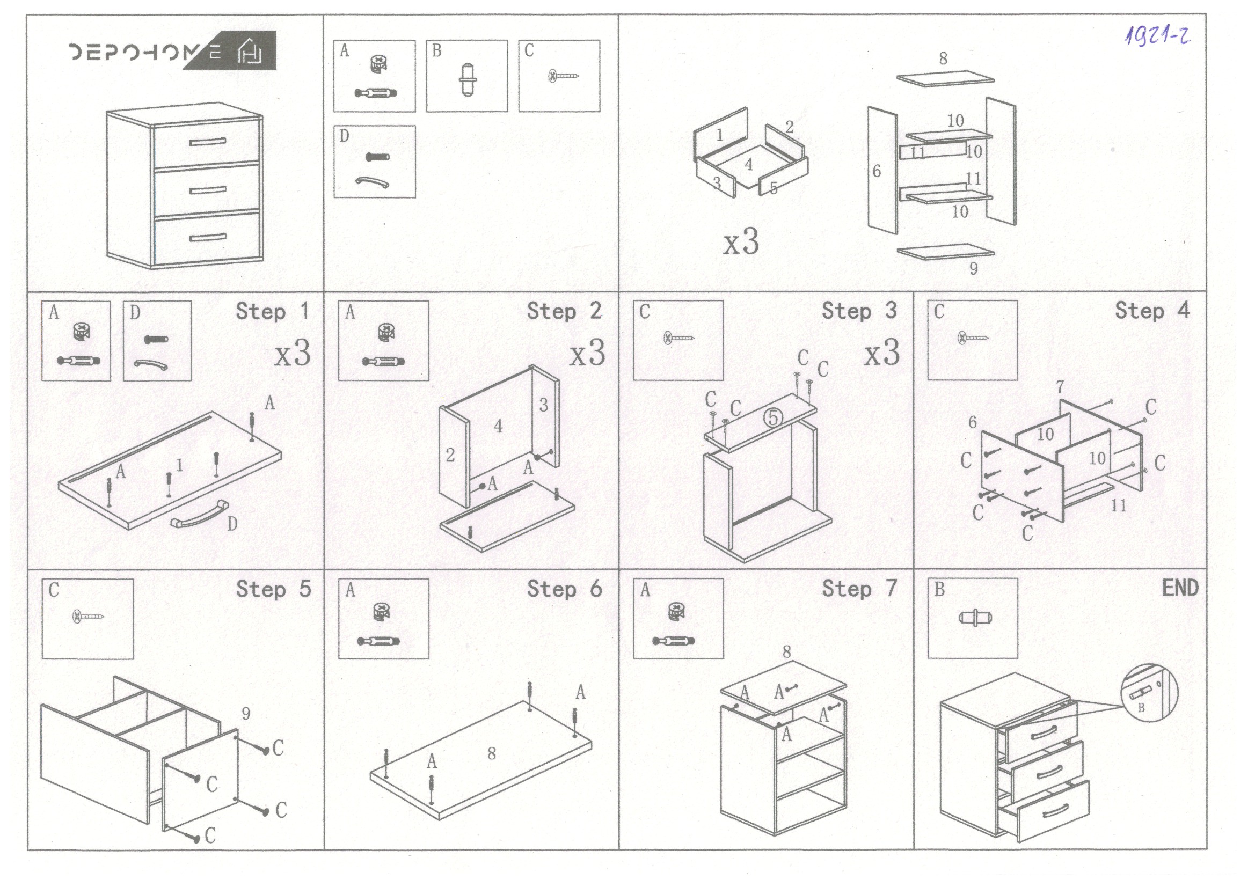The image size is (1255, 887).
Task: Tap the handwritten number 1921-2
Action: click(1157, 35)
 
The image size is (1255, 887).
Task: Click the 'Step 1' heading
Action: click(272, 312)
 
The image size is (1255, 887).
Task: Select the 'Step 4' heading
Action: click(1152, 310)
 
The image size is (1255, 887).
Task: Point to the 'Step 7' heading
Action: click(859, 588)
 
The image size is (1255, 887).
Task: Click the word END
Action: click(1179, 588)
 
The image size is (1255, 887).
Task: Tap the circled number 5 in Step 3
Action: click(772, 417)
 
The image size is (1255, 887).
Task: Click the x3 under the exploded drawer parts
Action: click(741, 241)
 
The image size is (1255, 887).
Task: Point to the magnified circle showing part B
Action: click(1149, 692)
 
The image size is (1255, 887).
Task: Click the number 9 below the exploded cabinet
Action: click(973, 268)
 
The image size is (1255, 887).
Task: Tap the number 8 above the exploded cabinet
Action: click(943, 58)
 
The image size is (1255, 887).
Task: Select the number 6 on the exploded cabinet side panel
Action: click(876, 172)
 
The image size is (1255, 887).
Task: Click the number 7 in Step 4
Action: click(1060, 387)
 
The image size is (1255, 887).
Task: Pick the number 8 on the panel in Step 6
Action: click(491, 753)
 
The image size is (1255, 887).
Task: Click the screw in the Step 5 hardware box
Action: click(88, 617)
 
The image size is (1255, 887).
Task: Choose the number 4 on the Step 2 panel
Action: click(498, 426)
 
